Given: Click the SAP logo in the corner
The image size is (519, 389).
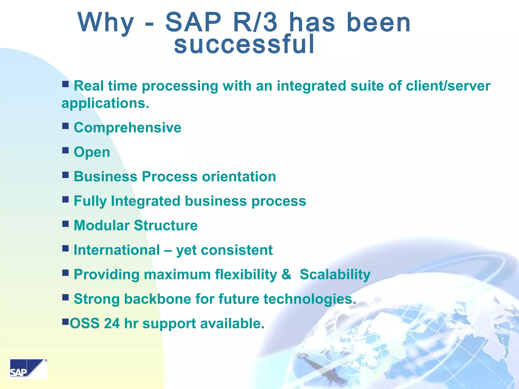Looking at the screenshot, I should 28,369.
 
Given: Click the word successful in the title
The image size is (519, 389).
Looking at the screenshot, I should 244,45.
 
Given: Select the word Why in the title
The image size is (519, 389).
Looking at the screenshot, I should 106,23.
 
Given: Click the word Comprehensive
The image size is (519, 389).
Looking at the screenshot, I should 127,127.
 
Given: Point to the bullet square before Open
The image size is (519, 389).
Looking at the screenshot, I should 65,150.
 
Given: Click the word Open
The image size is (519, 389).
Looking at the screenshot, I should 92,152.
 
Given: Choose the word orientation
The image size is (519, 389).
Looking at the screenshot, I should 239,177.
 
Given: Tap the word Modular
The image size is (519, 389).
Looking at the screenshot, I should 101,225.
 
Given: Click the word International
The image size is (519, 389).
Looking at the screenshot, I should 117,250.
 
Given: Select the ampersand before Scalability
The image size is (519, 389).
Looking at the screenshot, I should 286,274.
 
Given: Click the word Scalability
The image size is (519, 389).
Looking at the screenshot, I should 335,275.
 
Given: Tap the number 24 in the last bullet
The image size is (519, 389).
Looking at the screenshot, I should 112,324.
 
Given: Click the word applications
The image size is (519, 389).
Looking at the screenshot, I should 105,103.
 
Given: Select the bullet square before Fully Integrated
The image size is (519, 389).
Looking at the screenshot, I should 65,200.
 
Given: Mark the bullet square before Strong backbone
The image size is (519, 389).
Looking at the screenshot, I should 65,297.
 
